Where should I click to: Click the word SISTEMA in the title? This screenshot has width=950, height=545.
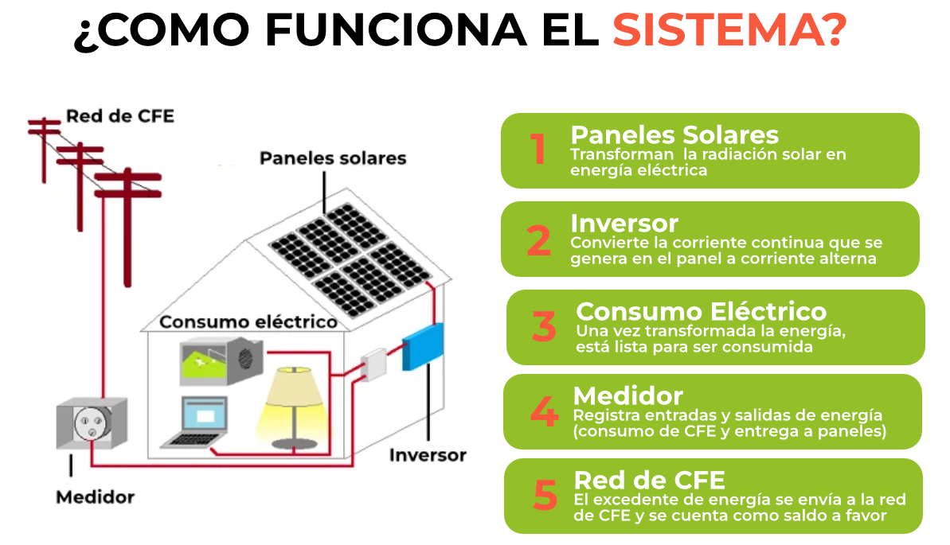[722, 29]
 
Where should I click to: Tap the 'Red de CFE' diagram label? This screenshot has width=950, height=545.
[120, 115]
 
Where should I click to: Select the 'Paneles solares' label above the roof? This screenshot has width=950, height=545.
[333, 158]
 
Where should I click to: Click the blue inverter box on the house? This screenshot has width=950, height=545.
[423, 346]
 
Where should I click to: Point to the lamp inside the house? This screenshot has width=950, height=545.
[294, 407]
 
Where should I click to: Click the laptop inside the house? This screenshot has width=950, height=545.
[196, 422]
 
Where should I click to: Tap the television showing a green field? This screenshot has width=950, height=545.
[221, 361]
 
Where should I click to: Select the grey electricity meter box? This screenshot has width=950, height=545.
[92, 422]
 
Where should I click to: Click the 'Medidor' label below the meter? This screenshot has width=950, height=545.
[95, 497]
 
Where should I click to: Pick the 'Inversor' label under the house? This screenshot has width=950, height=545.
[428, 455]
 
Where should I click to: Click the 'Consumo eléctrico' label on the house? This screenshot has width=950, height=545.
[248, 321]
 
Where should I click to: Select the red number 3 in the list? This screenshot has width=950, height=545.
[543, 326]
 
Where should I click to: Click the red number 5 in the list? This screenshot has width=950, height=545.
[545, 495]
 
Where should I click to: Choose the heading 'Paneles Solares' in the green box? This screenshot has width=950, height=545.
[674, 134]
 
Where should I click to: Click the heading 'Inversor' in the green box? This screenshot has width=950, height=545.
[624, 223]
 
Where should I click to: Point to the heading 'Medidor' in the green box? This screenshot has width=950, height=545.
[628, 396]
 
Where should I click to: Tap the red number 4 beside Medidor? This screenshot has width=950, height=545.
[544, 411]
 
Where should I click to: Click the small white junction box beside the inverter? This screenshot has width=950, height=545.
[373, 364]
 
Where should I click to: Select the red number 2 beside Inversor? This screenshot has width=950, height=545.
[538, 240]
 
